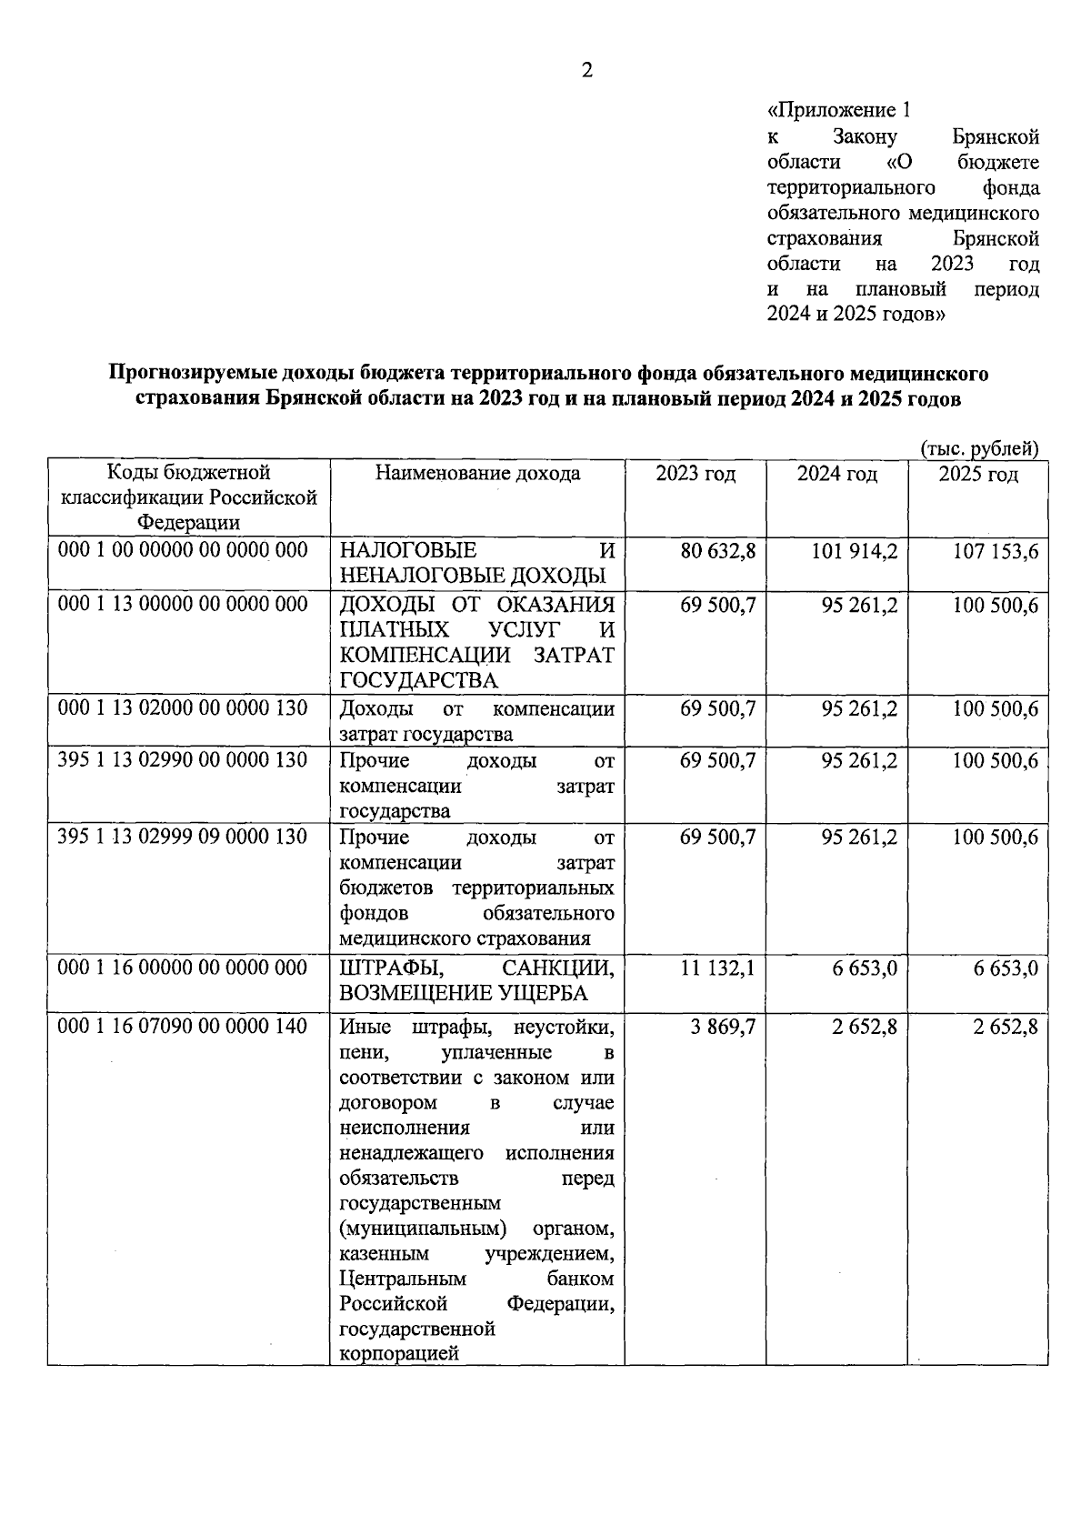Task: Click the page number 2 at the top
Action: pyautogui.click(x=586, y=70)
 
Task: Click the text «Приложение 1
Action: pyautogui.click(x=838, y=111)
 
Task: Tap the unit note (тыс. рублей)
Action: pyautogui.click(x=979, y=448)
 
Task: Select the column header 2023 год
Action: pyautogui.click(x=696, y=474)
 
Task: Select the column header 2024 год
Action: pyautogui.click(x=836, y=474)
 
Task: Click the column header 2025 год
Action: pyautogui.click(x=978, y=474)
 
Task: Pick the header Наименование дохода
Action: pyautogui.click(x=477, y=474)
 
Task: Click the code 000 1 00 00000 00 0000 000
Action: pyautogui.click(x=183, y=550)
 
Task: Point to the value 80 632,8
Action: pyautogui.click(x=717, y=551)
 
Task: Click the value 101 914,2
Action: pyautogui.click(x=852, y=551)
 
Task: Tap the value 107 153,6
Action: pyautogui.click(x=995, y=551)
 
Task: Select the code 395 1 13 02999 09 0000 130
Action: pyautogui.click(x=183, y=837)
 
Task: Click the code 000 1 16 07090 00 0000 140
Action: pyautogui.click(x=183, y=1027)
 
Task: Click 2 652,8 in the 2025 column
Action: pyautogui.click(x=1006, y=1027)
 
